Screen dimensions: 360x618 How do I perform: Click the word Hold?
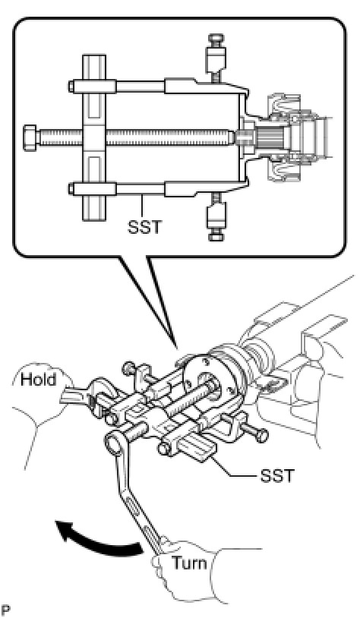pos(38,380)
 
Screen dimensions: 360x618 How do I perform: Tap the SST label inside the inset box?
pos(144,227)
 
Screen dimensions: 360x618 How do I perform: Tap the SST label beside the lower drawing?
pos(277,476)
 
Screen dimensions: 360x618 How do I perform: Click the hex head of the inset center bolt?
pos(30,137)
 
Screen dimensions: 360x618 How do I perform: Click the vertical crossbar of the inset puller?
pos(94,137)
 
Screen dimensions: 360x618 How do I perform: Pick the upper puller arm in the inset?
pos(158,86)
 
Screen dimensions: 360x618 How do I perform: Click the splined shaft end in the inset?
pos(270,137)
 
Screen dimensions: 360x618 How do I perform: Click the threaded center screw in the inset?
pos(134,137)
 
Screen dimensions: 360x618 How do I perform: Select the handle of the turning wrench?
pos(138,497)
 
